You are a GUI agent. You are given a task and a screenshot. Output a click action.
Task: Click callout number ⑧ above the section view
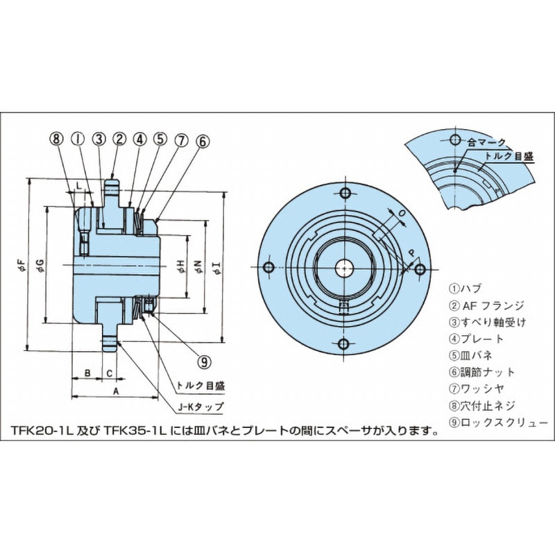[x=57, y=139]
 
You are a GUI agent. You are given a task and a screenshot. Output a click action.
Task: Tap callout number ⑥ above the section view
[x=202, y=141]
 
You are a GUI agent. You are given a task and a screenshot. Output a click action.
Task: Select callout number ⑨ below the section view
[x=203, y=360]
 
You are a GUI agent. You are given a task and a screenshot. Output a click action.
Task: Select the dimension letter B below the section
[x=87, y=373]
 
